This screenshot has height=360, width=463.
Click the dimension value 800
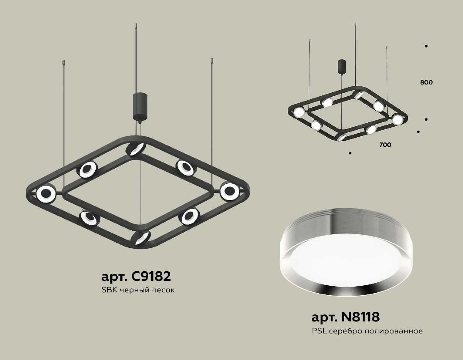pyautogui.click(x=426, y=82)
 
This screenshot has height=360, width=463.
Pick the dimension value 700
pyautogui.click(x=385, y=145)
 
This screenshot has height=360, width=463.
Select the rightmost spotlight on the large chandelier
pyautogui.click(x=230, y=190)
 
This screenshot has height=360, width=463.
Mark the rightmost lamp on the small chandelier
pyautogui.click(x=397, y=119)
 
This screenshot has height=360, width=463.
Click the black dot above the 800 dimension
pyautogui.click(x=426, y=46)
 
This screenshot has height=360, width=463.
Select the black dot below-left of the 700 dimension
pyautogui.click(x=350, y=154)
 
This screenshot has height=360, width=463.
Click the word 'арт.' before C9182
pyautogui.click(x=115, y=277)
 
